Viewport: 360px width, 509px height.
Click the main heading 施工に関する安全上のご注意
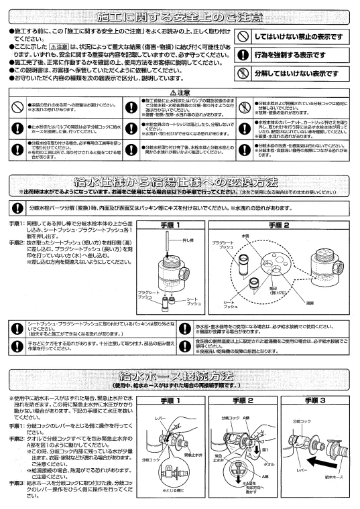click(x=180, y=14)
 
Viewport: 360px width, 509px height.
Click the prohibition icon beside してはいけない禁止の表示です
click(x=247, y=39)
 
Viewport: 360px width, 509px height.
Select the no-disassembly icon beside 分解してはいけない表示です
click(x=247, y=74)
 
